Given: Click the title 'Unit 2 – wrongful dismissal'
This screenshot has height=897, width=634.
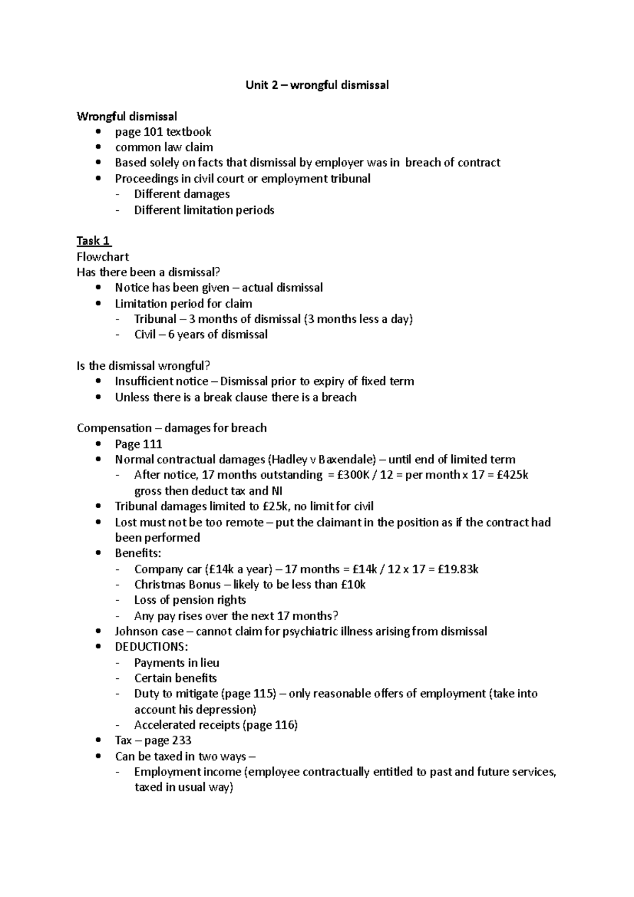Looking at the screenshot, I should coord(317,85).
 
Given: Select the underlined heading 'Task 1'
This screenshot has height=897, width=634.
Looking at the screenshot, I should coord(94,241).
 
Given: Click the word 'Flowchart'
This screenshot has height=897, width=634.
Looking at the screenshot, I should coord(102,257).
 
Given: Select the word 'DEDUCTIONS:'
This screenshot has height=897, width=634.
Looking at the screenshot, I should coord(151,647).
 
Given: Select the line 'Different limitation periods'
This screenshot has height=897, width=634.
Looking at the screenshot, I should coord(204,210).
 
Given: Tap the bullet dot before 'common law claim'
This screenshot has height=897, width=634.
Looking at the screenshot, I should coord(98,147).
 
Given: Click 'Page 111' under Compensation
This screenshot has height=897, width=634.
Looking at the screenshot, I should coord(138,444).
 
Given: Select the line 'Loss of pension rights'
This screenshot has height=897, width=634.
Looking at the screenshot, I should coord(190,600).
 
